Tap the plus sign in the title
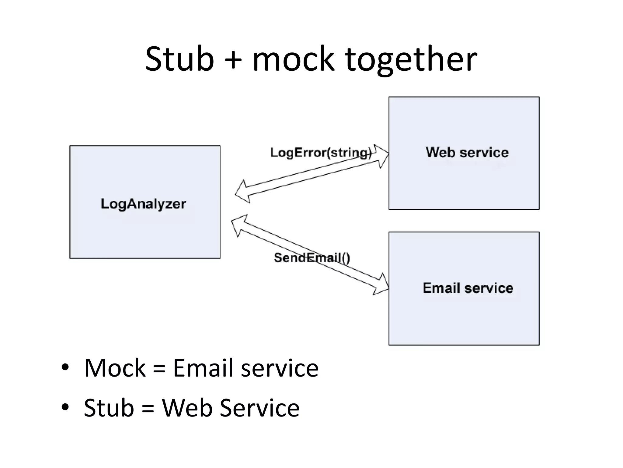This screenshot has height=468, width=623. point(233,60)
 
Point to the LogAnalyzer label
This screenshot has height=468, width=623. point(143,204)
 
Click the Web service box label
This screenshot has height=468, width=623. point(467,152)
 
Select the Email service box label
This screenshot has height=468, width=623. point(468,288)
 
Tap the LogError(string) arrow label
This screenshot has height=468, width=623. point(321,152)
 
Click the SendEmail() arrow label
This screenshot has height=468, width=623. point(312,258)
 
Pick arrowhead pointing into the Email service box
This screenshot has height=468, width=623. point(382,285)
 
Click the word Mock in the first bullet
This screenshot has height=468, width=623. point(115,368)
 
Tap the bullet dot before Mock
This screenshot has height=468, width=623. point(65,367)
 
